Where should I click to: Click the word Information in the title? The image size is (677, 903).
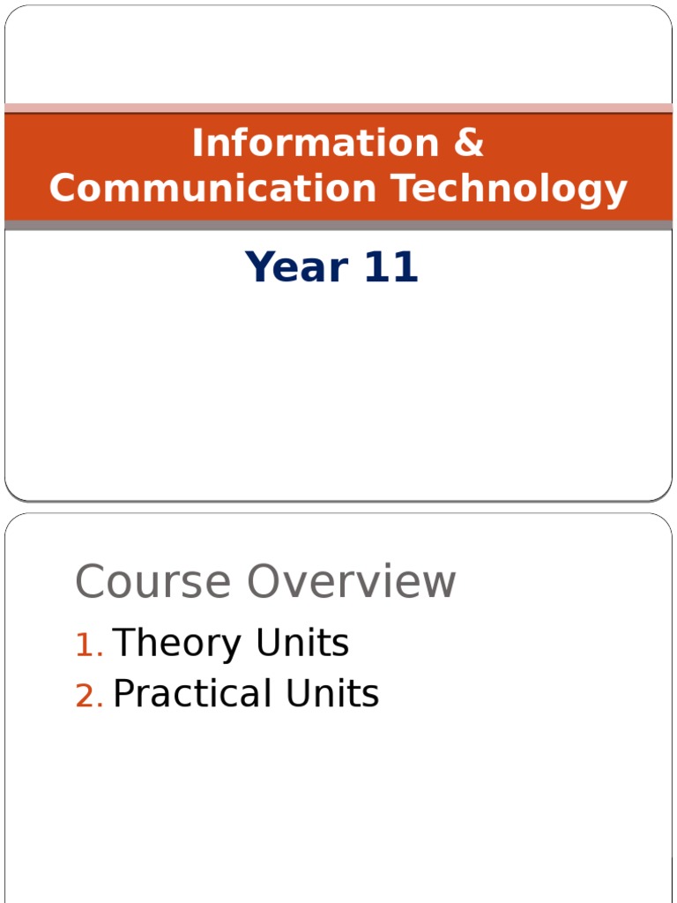click(x=316, y=142)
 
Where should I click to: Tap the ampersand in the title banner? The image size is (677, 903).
click(x=469, y=142)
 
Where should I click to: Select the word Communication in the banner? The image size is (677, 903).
click(x=212, y=189)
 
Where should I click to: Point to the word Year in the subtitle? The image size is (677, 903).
click(x=296, y=266)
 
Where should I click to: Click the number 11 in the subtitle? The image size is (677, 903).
click(x=391, y=266)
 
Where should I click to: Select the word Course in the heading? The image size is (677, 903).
click(x=153, y=582)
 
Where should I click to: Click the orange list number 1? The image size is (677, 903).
click(x=89, y=645)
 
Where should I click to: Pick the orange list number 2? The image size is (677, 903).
click(x=89, y=696)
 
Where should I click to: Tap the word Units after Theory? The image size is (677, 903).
click(x=302, y=642)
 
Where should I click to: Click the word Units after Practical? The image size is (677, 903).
click(x=332, y=693)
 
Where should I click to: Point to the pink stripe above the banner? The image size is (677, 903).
click(x=338, y=108)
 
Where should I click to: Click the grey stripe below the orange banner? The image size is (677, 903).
click(x=338, y=225)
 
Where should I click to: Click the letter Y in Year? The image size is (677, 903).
click(x=259, y=266)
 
